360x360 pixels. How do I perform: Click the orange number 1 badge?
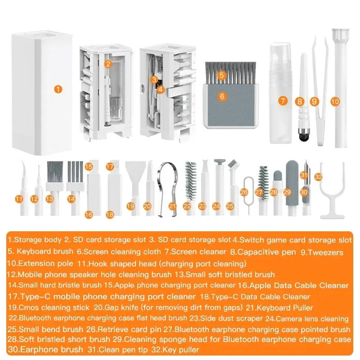[x=58, y=89]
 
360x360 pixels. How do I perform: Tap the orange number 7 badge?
[x=282, y=101]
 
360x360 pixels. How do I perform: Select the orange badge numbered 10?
[x=334, y=101]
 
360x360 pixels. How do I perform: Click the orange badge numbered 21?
[x=172, y=206]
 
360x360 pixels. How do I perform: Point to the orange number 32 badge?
[x=319, y=177]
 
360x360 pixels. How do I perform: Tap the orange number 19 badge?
[x=130, y=206]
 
